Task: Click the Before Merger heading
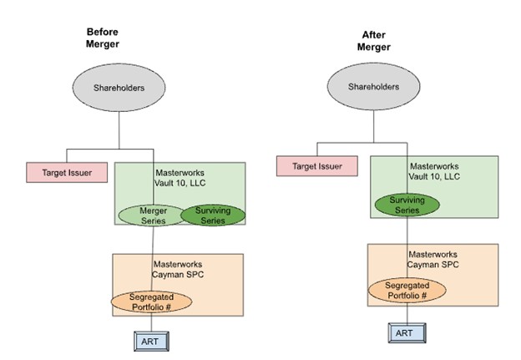[x=103, y=38]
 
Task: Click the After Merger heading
[x=373, y=42]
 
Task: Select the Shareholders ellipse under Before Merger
[x=119, y=86]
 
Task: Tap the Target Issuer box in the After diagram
[x=316, y=166]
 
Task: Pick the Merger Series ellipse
[x=152, y=215]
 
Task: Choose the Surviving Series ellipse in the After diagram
[x=407, y=205]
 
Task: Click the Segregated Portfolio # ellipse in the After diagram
[x=407, y=290]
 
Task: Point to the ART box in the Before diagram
[x=153, y=341]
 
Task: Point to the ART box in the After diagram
[x=405, y=332]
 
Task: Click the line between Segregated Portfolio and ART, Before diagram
[x=153, y=323]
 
